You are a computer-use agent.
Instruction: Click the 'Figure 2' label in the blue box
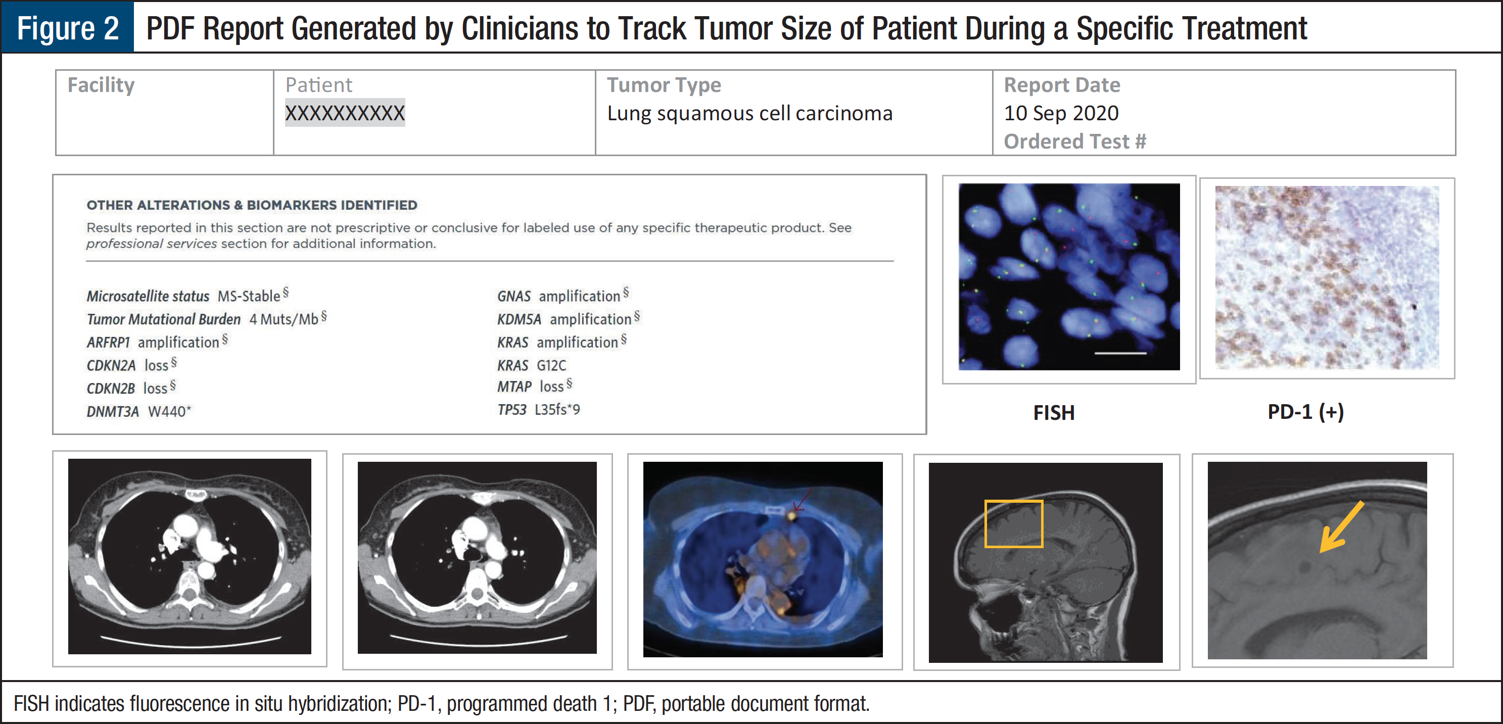click(68, 28)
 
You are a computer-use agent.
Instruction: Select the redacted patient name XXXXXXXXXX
click(345, 113)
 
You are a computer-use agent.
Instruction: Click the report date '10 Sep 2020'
click(1061, 113)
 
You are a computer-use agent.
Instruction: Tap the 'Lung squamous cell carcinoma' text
click(750, 113)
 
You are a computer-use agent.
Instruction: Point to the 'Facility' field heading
click(101, 85)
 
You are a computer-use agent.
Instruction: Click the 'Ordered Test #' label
click(1075, 141)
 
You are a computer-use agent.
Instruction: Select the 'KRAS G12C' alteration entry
click(532, 365)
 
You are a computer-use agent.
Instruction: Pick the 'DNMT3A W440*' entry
click(139, 411)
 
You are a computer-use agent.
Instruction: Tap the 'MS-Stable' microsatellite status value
click(249, 296)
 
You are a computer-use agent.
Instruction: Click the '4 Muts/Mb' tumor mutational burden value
click(284, 319)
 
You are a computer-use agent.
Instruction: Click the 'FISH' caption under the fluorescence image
click(1054, 412)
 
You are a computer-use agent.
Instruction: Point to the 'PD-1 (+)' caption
click(1306, 412)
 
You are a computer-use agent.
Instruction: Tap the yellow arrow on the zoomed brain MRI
click(1341, 527)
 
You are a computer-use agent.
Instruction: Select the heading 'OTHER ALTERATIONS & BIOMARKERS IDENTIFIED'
click(252, 205)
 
